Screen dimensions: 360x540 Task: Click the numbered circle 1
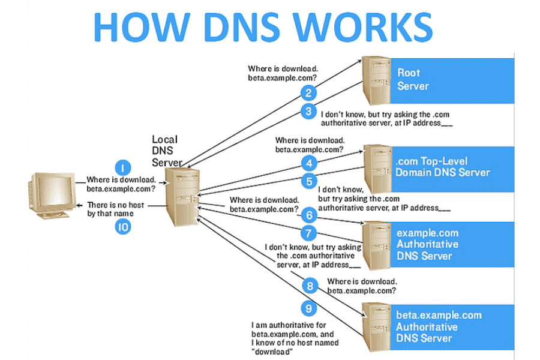(122, 168)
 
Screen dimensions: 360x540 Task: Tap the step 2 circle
(309, 93)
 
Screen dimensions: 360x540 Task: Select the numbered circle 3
(309, 111)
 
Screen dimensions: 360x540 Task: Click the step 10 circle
(122, 227)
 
